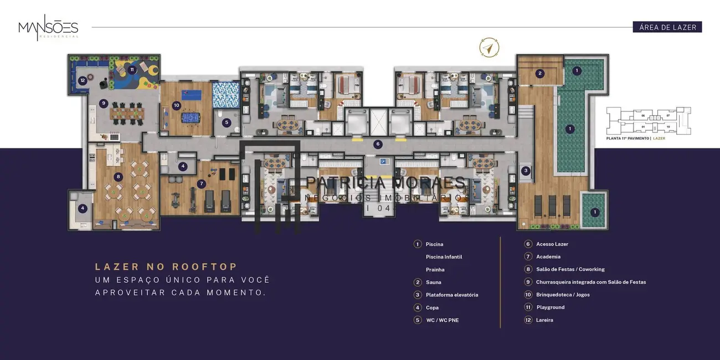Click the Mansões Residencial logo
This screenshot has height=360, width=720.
(48, 28)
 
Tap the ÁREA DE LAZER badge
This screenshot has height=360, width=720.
(667, 27)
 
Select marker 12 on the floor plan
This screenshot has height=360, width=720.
(82, 80)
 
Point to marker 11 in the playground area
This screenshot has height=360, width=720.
(132, 70)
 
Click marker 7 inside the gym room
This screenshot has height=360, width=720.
(202, 183)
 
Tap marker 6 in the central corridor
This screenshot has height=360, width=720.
(378, 144)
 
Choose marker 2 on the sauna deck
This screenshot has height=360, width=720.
(540, 73)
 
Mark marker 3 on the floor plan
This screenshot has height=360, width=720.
(526, 171)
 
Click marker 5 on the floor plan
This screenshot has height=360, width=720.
(227, 122)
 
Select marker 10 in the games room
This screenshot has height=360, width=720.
(177, 105)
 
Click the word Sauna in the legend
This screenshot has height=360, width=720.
(433, 282)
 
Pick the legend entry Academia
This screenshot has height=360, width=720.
(548, 257)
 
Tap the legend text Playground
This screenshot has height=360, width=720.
(550, 307)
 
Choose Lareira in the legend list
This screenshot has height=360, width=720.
(544, 320)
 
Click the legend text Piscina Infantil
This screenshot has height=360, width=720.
(444, 257)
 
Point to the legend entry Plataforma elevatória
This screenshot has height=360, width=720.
(451, 295)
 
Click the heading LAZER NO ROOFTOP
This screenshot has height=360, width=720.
(166, 267)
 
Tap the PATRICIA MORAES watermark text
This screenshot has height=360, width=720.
(386, 182)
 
